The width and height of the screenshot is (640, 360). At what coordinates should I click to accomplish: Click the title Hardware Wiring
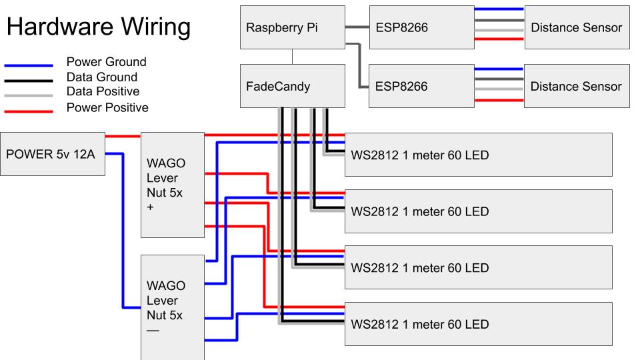[98, 27]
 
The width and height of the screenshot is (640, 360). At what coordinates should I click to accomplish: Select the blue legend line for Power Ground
[28, 66]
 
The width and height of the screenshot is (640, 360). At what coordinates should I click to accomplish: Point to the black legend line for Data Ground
[28, 81]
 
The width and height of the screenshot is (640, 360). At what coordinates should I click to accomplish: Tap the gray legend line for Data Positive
[28, 95]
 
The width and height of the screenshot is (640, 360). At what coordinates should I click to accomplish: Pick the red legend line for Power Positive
[28, 111]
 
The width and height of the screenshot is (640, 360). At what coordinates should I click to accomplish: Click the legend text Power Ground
[106, 62]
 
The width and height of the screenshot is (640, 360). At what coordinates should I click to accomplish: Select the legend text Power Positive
[107, 107]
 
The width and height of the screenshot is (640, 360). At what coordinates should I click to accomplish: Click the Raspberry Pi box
[293, 27]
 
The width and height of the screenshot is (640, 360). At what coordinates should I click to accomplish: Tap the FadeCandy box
[293, 86]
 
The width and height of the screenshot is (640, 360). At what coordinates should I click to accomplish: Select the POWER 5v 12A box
[53, 154]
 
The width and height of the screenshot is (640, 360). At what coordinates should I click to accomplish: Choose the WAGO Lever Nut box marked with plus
[172, 185]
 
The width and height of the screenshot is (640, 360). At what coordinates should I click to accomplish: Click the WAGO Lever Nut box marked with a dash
[172, 307]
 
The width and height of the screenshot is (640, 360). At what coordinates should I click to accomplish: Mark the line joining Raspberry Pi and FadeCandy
[293, 57]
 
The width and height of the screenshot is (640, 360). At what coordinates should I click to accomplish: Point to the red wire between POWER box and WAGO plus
[123, 136]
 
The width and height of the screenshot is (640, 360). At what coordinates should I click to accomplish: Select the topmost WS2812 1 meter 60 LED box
[478, 155]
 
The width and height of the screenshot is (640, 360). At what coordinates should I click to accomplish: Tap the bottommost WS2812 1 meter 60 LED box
[478, 324]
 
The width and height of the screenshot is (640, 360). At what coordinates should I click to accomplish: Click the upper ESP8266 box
[413, 27]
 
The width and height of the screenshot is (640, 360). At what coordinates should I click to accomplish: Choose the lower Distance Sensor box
[577, 86]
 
